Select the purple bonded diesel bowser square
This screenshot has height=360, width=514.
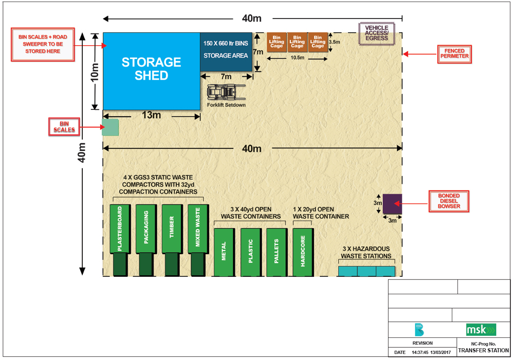392,203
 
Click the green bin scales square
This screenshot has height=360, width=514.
111,127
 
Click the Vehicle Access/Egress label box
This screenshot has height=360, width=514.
376,34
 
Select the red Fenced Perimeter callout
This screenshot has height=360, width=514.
454,54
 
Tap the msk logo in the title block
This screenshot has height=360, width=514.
481,329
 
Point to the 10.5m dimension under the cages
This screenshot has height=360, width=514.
297,58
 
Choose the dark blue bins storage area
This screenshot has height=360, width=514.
226,51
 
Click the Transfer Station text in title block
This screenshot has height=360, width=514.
483,350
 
